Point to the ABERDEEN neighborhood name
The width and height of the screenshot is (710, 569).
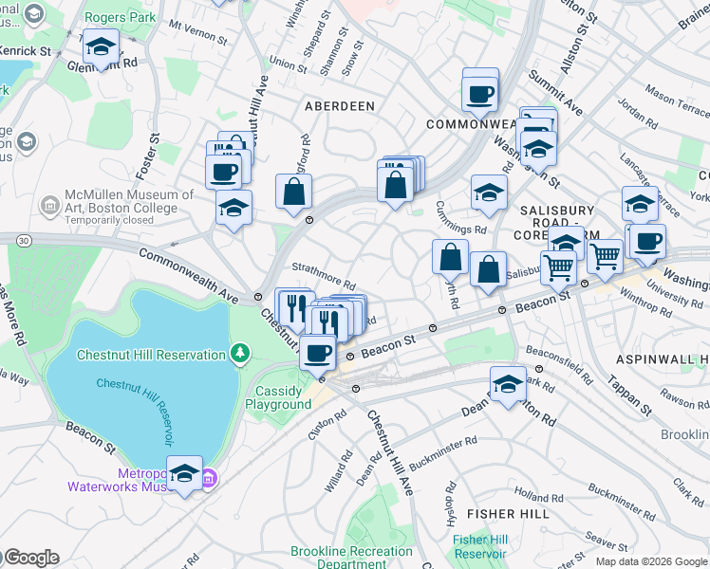(x=339, y=106)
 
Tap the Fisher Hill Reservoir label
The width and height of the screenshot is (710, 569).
(x=480, y=546)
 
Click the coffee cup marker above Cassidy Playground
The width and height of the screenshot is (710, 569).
(x=318, y=353)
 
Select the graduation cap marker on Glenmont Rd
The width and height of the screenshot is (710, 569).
(x=100, y=46)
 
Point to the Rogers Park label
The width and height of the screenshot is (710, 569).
(x=121, y=17)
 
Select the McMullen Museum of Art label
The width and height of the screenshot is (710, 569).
(x=128, y=201)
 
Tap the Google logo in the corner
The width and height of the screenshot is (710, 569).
(x=30, y=558)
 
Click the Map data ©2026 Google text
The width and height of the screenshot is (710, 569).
(x=650, y=561)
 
